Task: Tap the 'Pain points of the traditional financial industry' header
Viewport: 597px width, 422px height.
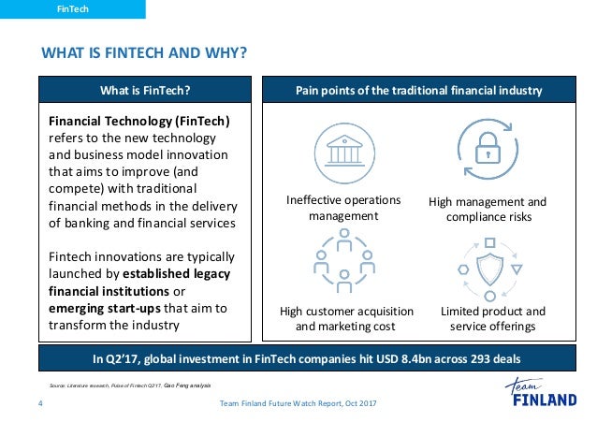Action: [x=418, y=91]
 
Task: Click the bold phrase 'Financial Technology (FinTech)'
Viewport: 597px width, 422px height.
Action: [x=138, y=121]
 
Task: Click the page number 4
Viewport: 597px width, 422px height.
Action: [x=40, y=403]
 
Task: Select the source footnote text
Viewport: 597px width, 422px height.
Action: [x=130, y=386]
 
